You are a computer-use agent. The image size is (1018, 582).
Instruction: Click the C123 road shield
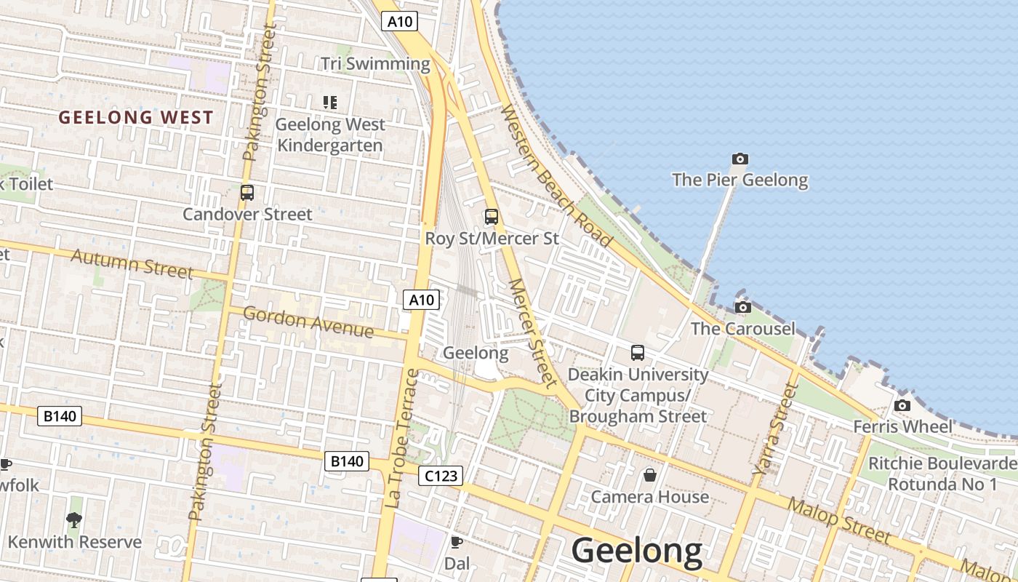tap(441, 476)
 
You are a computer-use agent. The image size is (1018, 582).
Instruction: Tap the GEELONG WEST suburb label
tap(136, 117)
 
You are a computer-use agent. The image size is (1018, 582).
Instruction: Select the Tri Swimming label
tap(375, 64)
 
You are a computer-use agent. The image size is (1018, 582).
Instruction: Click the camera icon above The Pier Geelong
tap(740, 159)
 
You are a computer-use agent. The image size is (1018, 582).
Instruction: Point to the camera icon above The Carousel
tap(742, 307)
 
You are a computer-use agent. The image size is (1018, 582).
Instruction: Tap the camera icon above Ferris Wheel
tap(902, 405)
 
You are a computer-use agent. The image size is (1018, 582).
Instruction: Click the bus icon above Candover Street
tap(247, 193)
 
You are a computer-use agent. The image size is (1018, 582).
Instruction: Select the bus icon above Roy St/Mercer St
tap(492, 217)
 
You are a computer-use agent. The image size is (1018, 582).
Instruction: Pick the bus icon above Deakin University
tap(638, 353)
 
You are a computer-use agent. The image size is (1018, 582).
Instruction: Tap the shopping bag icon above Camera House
tap(649, 475)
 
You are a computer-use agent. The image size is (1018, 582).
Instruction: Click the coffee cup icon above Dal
tap(457, 542)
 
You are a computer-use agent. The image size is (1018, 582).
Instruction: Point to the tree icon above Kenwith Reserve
tap(73, 519)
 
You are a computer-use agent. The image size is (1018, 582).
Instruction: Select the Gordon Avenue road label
tap(308, 322)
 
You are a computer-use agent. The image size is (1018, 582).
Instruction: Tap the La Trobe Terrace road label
tap(402, 439)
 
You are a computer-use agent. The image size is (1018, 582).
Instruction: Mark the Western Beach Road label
tap(557, 175)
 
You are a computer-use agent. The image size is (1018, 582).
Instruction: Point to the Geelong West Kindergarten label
tap(330, 135)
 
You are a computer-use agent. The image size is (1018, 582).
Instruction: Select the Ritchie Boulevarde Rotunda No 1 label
tap(942, 474)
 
